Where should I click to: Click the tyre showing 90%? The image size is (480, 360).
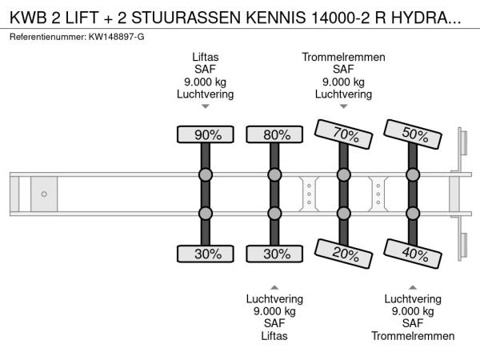(206, 134)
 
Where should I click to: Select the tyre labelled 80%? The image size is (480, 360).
(274, 134)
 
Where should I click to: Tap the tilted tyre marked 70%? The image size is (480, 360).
(343, 134)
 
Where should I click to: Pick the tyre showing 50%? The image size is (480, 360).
(412, 134)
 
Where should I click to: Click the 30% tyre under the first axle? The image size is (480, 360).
(206, 254)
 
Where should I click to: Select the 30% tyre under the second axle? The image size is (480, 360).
(274, 254)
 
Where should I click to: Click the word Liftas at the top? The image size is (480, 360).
(206, 57)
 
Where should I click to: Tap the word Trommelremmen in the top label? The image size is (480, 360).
(343, 57)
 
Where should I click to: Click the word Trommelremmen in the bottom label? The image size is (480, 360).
(412, 336)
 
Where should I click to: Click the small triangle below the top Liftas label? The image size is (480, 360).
(206, 106)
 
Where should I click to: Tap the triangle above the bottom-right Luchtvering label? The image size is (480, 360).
(412, 286)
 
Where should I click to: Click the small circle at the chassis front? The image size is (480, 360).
(44, 194)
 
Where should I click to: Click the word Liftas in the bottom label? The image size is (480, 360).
(274, 336)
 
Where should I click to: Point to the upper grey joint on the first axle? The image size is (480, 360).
(206, 175)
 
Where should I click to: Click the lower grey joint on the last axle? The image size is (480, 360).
(412, 213)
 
